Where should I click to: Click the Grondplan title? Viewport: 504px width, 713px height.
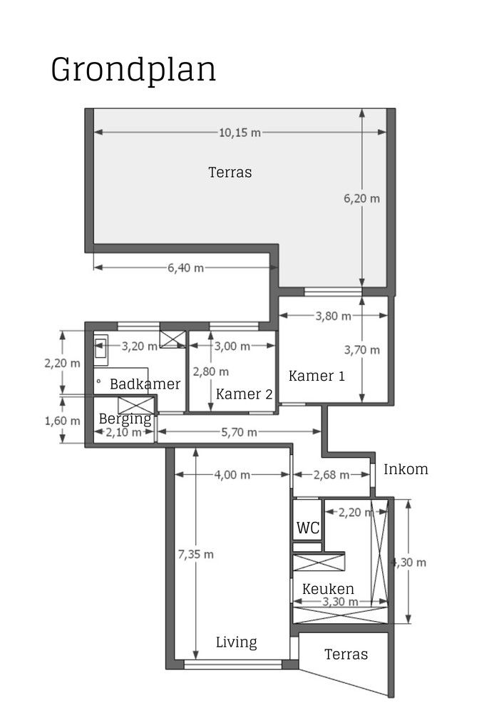tap(133, 71)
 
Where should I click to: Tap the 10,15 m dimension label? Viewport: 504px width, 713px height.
tap(238, 132)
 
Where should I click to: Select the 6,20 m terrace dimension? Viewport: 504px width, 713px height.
tap(361, 198)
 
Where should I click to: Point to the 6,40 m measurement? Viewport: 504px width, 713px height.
tap(185, 267)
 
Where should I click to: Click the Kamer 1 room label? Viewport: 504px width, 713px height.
tap(317, 376)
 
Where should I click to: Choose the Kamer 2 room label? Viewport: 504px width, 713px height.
tap(244, 394)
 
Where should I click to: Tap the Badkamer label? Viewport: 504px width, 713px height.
tap(145, 384)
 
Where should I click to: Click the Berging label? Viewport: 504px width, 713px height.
tap(125, 419)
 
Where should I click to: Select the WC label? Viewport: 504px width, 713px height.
tap(307, 528)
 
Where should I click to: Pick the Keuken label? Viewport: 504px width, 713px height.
tap(328, 589)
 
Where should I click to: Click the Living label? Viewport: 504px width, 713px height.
tap(237, 642)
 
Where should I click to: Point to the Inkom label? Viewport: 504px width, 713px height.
tap(406, 469)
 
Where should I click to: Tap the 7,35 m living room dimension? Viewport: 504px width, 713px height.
tap(195, 554)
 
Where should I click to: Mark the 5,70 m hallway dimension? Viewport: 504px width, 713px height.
tap(238, 431)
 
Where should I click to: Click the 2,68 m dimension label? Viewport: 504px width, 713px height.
tap(331, 475)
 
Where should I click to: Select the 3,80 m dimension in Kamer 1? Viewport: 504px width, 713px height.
tap(333, 316)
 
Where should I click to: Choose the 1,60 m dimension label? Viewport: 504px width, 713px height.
tap(62, 421)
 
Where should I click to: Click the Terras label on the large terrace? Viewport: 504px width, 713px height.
tap(230, 172)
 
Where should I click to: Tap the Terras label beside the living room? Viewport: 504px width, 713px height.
tap(346, 655)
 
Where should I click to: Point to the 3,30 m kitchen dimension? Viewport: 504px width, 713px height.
tap(339, 602)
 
